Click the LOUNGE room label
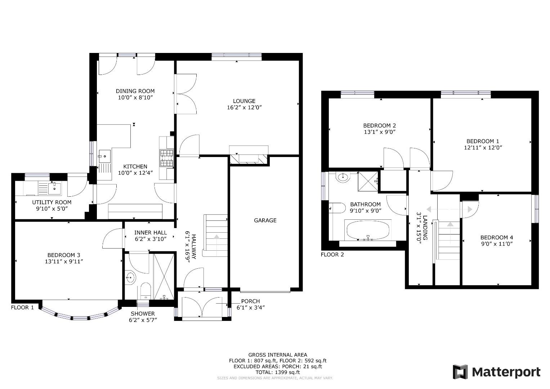[244, 101]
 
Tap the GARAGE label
[265, 220]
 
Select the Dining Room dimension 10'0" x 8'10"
[135, 98]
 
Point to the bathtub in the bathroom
[368, 231]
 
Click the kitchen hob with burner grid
[167, 158]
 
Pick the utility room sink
[54, 189]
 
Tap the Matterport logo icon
[460, 372]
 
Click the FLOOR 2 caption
[332, 255]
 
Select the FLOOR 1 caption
[22, 308]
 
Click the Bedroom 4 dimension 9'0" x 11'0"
[496, 244]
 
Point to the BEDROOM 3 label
[64, 255]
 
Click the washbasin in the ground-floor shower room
[130, 278]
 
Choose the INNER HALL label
[151, 233]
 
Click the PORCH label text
[250, 301]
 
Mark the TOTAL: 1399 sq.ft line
[278, 372]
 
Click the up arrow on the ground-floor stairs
[216, 237]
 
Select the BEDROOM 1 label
[483, 141]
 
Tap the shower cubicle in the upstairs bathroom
[368, 181]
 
